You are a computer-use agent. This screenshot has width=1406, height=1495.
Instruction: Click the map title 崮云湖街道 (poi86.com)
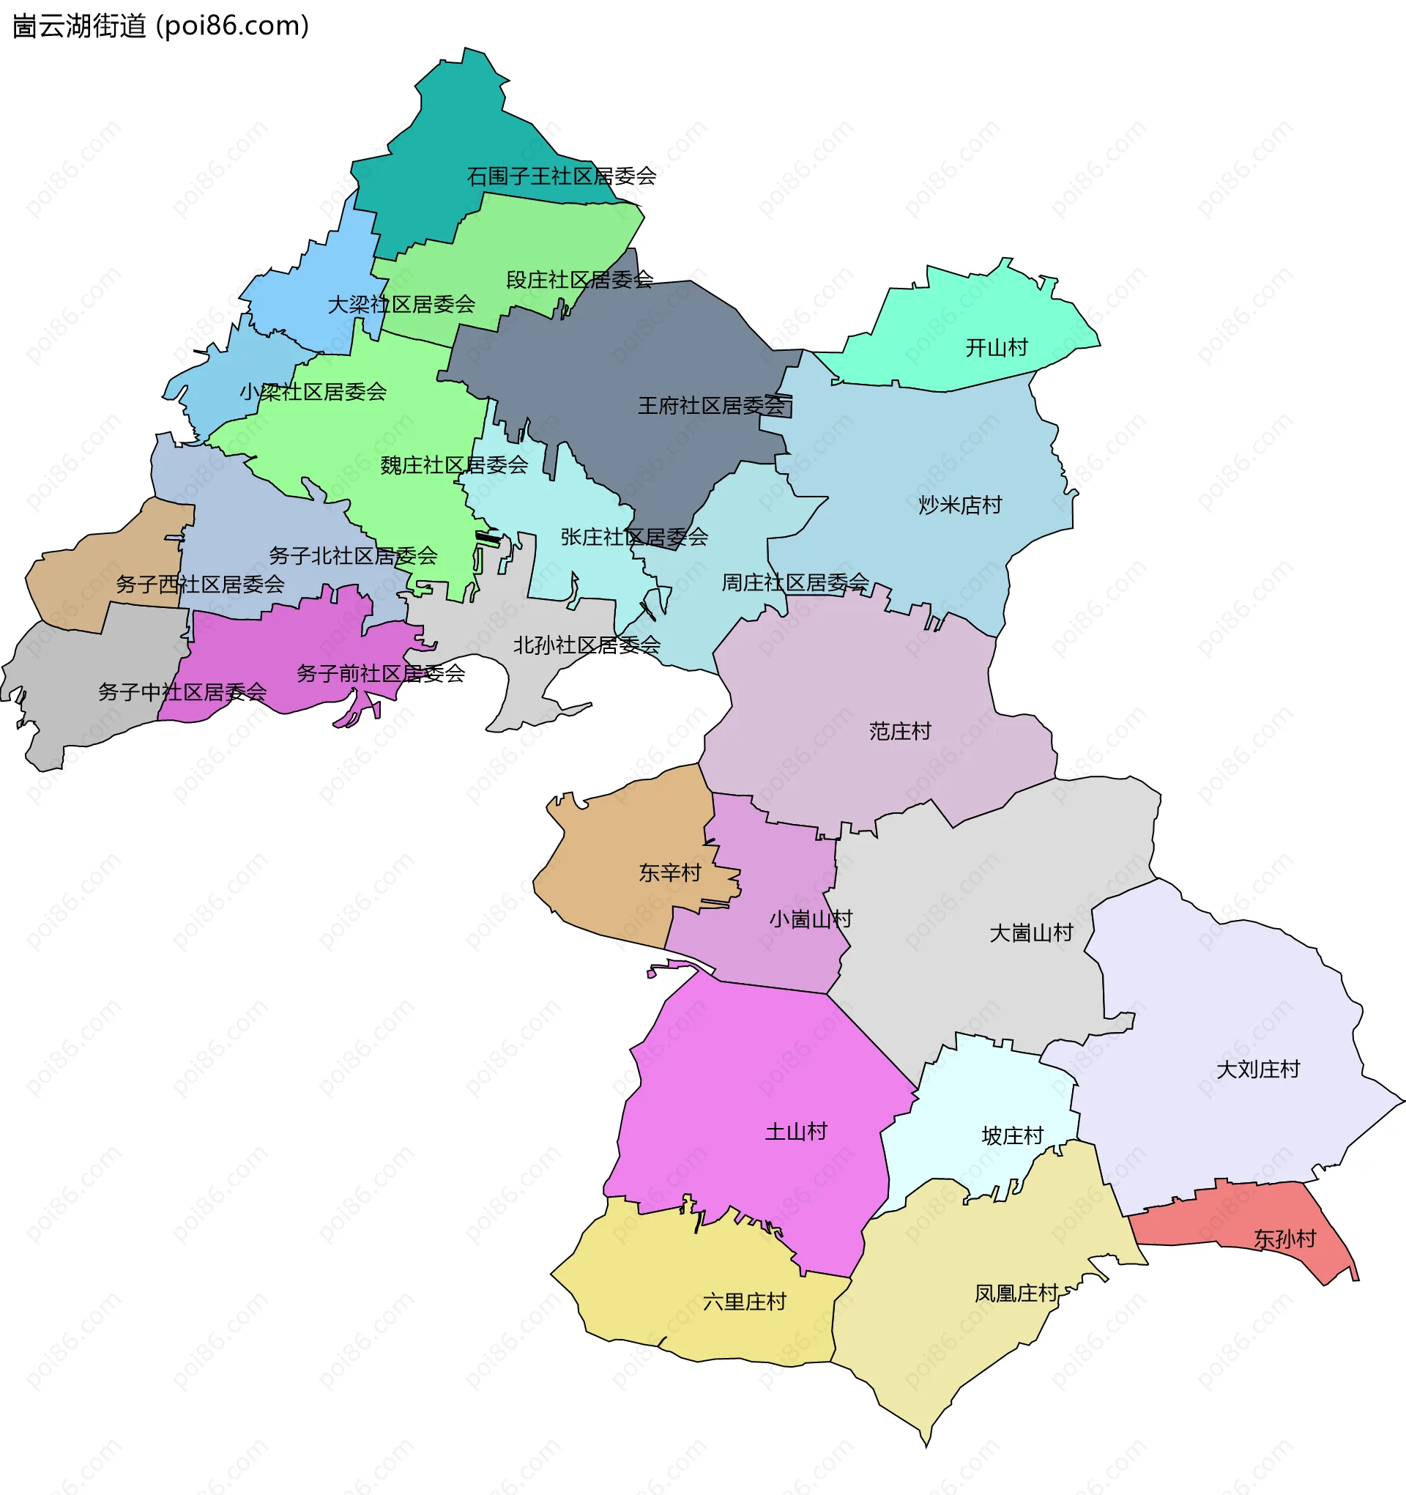(x=160, y=26)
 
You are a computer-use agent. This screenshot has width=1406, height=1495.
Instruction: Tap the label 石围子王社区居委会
(x=561, y=176)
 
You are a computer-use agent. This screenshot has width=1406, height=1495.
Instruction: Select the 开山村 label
(x=996, y=347)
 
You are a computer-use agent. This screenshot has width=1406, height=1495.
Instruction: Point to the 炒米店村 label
(x=959, y=505)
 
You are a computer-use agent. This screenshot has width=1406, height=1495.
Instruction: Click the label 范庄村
(x=899, y=731)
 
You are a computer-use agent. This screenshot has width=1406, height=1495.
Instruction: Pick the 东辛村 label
(x=669, y=872)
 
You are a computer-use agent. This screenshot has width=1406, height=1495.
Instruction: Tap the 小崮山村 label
(x=810, y=919)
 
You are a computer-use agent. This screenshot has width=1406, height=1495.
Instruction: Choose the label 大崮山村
(x=1031, y=933)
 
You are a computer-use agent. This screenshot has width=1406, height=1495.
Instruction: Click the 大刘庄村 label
(x=1258, y=1069)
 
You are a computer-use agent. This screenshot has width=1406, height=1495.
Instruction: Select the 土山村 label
(x=795, y=1132)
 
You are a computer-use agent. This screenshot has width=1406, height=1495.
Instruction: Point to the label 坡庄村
(x=1012, y=1135)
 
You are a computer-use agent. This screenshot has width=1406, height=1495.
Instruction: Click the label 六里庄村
(x=743, y=1302)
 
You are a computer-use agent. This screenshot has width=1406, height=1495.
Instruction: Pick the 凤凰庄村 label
(x=1016, y=1294)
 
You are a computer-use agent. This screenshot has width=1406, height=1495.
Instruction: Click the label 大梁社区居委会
(x=401, y=305)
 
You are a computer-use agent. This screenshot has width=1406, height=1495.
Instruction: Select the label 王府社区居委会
(x=711, y=406)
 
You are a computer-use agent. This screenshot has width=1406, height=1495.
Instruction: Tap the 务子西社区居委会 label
(x=199, y=584)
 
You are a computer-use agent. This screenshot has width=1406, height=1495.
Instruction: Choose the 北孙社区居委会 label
(x=587, y=645)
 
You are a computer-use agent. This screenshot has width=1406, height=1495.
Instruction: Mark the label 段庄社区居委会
(x=579, y=280)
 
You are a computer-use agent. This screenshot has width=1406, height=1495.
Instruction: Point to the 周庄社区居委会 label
(x=795, y=582)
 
